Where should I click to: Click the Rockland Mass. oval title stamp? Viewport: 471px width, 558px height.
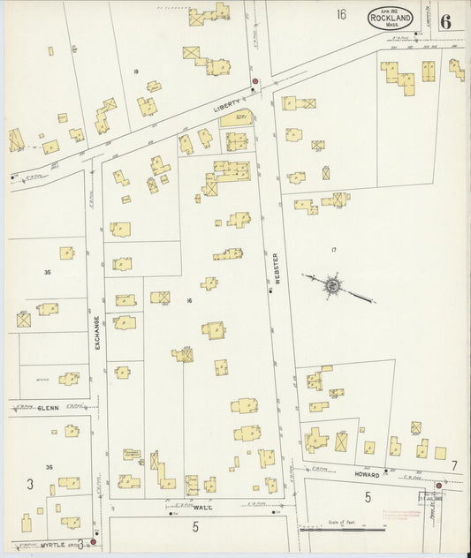tap(389, 17)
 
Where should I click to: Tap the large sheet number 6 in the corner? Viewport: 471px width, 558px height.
tap(445, 21)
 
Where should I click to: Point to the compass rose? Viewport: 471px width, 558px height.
tap(331, 285)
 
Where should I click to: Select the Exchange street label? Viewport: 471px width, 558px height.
tap(97, 333)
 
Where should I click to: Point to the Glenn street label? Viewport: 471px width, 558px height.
tap(49, 409)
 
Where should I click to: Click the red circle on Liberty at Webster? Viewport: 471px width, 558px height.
tap(255, 82)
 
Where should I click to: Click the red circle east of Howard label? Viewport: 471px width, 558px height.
tap(438, 485)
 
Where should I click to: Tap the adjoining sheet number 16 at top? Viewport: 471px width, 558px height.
tap(341, 14)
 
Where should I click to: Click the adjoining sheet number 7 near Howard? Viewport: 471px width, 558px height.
tap(454, 465)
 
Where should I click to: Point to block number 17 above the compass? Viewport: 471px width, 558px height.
tap(333, 251)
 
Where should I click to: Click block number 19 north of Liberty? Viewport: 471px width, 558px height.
tap(136, 71)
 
